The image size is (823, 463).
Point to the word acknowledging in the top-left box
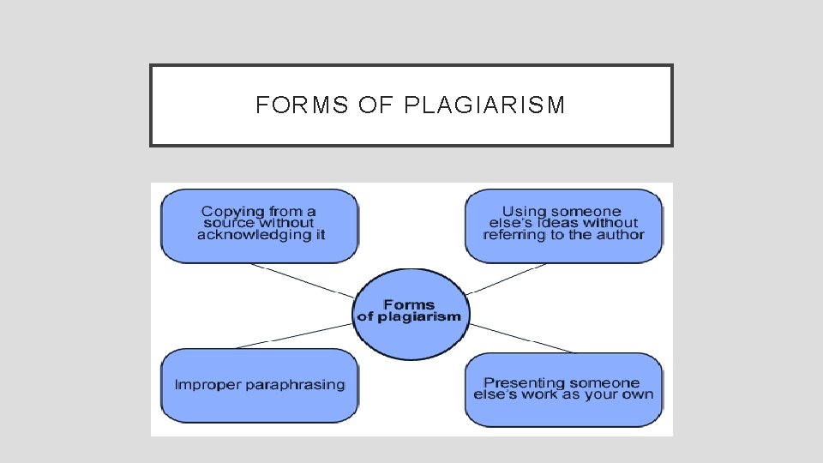[x=250, y=234]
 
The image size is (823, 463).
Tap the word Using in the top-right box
[x=525, y=211]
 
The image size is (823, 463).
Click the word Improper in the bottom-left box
[x=208, y=385]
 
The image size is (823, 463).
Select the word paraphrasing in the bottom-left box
[x=295, y=385]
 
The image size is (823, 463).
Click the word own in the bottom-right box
[x=637, y=394]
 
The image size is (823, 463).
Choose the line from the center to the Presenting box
[x=523, y=339]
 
